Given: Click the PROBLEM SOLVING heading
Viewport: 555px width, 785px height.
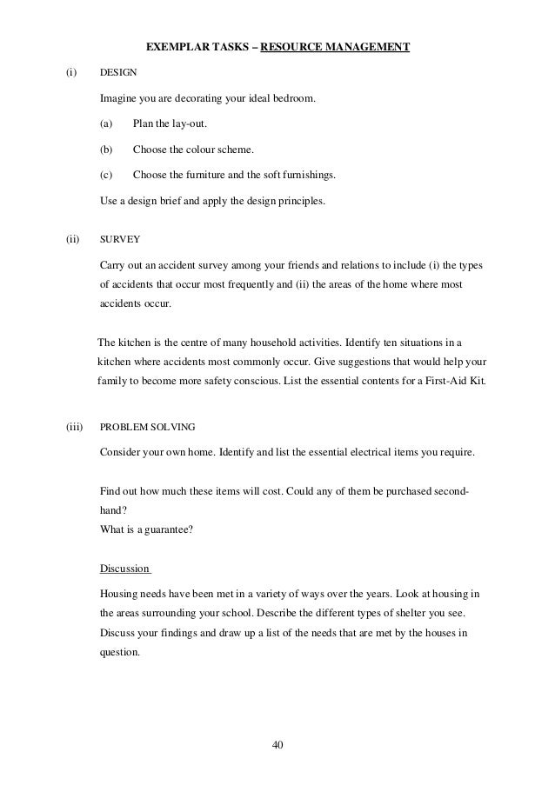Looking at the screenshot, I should tap(148, 427).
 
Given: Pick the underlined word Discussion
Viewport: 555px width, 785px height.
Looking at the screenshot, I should tap(125, 569).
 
